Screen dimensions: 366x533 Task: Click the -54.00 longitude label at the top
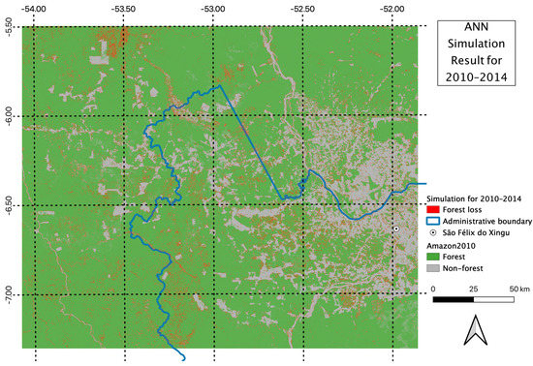click(x=36, y=7)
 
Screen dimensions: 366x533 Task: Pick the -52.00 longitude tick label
click(x=392, y=7)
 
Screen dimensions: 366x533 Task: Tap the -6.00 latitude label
click(x=9, y=115)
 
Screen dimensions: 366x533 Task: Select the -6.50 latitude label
click(x=9, y=204)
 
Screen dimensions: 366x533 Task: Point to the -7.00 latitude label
click(x=9, y=293)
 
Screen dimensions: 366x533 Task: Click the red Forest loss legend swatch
click(x=433, y=208)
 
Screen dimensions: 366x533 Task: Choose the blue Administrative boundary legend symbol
click(x=433, y=221)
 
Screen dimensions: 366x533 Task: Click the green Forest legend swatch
click(x=433, y=257)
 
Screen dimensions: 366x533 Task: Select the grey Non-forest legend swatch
click(x=433, y=269)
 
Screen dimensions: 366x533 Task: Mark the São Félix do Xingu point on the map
click(x=396, y=229)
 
